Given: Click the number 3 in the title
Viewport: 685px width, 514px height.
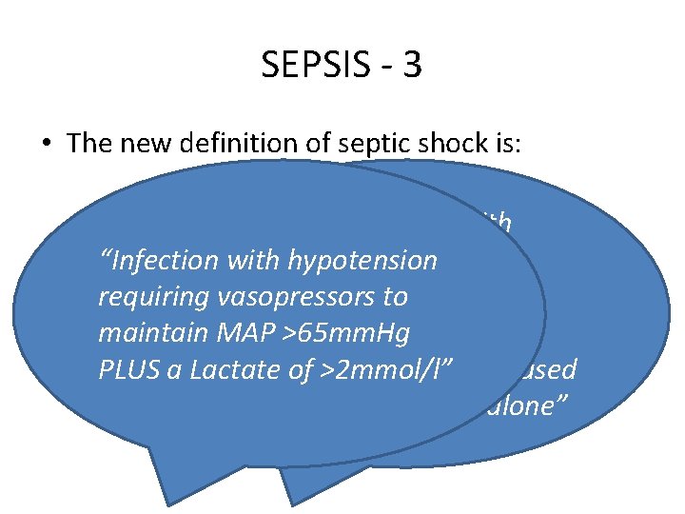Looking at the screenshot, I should point(412,66).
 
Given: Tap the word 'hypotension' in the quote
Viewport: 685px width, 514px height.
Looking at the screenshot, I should point(367,260).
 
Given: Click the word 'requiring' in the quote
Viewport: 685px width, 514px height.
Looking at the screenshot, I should point(144,297).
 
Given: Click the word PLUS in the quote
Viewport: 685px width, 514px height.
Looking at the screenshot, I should point(127,370).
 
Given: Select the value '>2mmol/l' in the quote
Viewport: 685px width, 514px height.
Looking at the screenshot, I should point(387,370).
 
